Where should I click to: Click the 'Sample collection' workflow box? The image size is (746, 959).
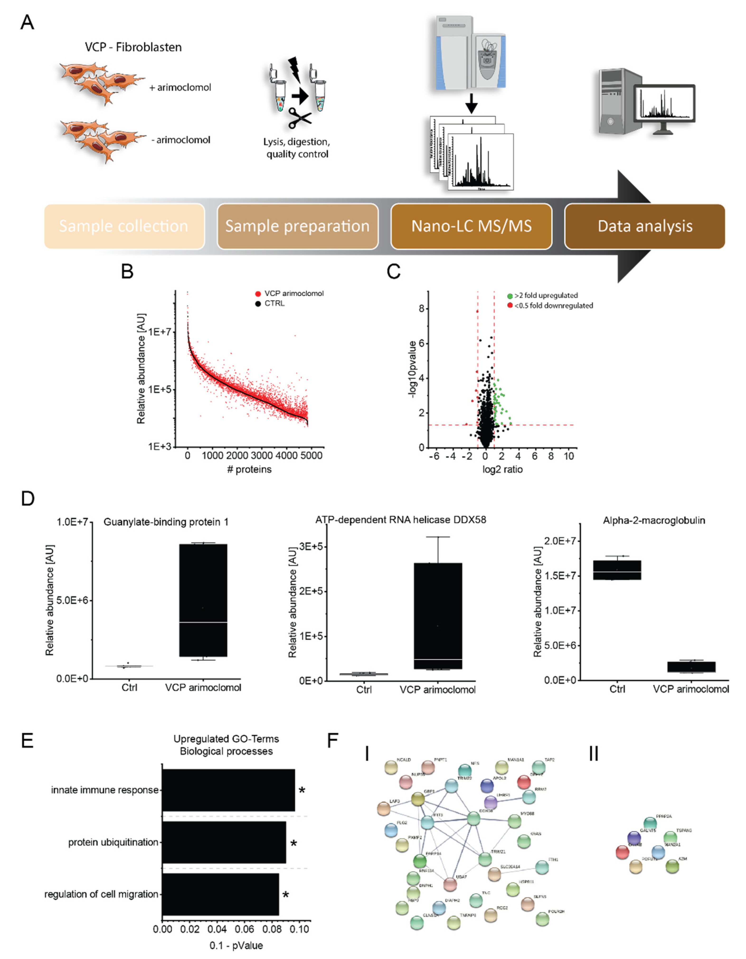(124, 226)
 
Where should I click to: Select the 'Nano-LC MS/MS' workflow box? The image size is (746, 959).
(471, 226)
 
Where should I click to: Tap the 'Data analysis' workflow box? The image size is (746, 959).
(645, 226)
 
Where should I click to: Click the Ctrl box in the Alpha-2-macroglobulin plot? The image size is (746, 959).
(617, 570)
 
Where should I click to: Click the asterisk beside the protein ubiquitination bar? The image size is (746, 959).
(293, 843)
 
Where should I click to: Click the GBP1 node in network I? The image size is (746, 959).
(418, 799)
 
